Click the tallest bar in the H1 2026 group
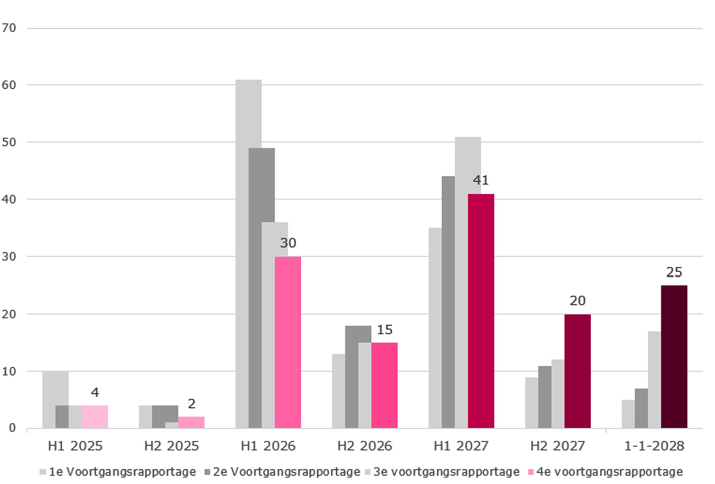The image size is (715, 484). point(248,253)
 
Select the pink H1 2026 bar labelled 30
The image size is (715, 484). point(288,342)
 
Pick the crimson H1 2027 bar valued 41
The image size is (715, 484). point(481,311)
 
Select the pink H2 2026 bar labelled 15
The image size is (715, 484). point(384,385)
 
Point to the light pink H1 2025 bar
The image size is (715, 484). point(95,416)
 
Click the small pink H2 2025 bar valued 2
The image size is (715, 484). point(191,422)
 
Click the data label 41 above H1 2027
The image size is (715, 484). point(481,181)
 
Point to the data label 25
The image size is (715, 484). point(674,272)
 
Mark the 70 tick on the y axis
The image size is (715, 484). point(10,28)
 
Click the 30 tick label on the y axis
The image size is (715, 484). point(10,257)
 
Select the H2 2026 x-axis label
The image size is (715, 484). point(364,445)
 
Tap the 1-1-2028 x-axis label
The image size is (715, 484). point(654,445)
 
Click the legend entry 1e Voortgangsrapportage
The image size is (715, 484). point(118,472)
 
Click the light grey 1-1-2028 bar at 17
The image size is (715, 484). point(654,379)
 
